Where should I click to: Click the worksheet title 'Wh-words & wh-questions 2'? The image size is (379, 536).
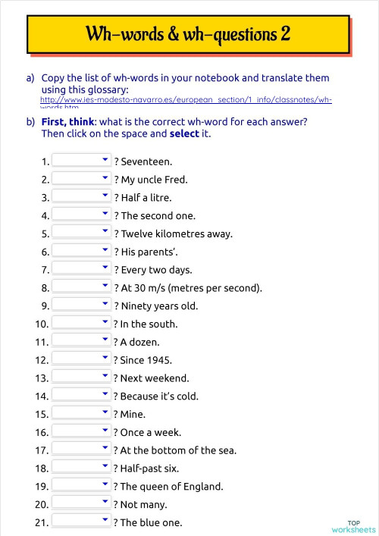click(188, 34)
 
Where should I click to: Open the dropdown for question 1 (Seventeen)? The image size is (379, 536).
click(82, 161)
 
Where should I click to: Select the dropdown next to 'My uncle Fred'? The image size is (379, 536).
click(82, 179)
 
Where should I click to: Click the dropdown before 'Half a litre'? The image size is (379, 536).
click(82, 197)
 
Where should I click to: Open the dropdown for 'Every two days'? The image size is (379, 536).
click(82, 269)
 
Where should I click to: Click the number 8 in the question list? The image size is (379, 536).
click(45, 288)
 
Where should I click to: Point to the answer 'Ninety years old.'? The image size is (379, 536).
click(159, 306)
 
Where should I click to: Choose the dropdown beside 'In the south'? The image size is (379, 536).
click(82, 324)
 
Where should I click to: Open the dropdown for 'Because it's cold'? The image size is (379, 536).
click(82, 396)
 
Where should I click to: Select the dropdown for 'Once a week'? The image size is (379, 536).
click(82, 432)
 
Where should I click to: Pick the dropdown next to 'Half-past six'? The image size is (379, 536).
click(82, 469)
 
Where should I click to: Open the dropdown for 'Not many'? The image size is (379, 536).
click(82, 504)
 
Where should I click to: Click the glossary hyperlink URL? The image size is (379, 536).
click(186, 101)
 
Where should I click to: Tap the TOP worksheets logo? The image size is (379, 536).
click(353, 526)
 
